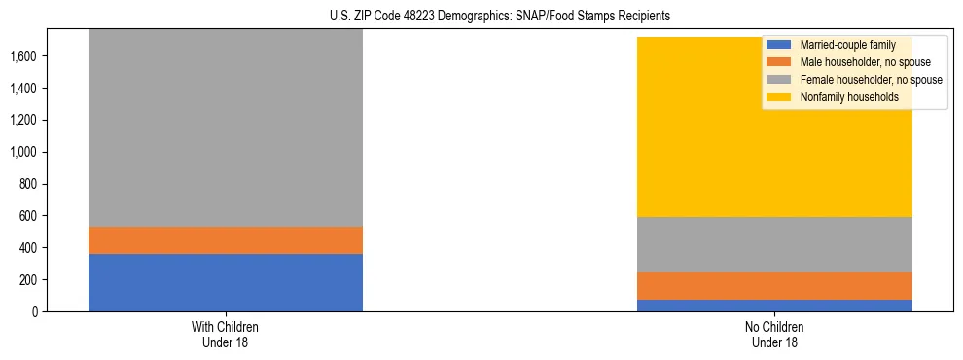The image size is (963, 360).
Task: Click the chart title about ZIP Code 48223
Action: (500, 17)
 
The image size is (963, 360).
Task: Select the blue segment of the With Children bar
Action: (225, 282)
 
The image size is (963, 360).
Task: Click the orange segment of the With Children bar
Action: (225, 240)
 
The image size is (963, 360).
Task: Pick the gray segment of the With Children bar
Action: (225, 126)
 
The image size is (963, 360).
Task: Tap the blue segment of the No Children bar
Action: (774, 306)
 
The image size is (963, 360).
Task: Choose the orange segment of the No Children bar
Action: (774, 286)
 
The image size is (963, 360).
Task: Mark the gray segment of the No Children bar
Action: (774, 244)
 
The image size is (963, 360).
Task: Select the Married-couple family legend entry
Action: (846, 45)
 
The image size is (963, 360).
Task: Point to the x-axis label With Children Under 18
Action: (225, 335)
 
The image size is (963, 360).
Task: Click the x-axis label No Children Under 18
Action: (774, 335)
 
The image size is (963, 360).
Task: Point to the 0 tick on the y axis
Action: (36, 311)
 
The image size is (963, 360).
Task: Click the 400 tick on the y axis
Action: (28, 248)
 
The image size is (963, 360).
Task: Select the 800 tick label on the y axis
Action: (28, 184)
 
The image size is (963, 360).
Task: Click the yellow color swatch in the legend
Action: (779, 97)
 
